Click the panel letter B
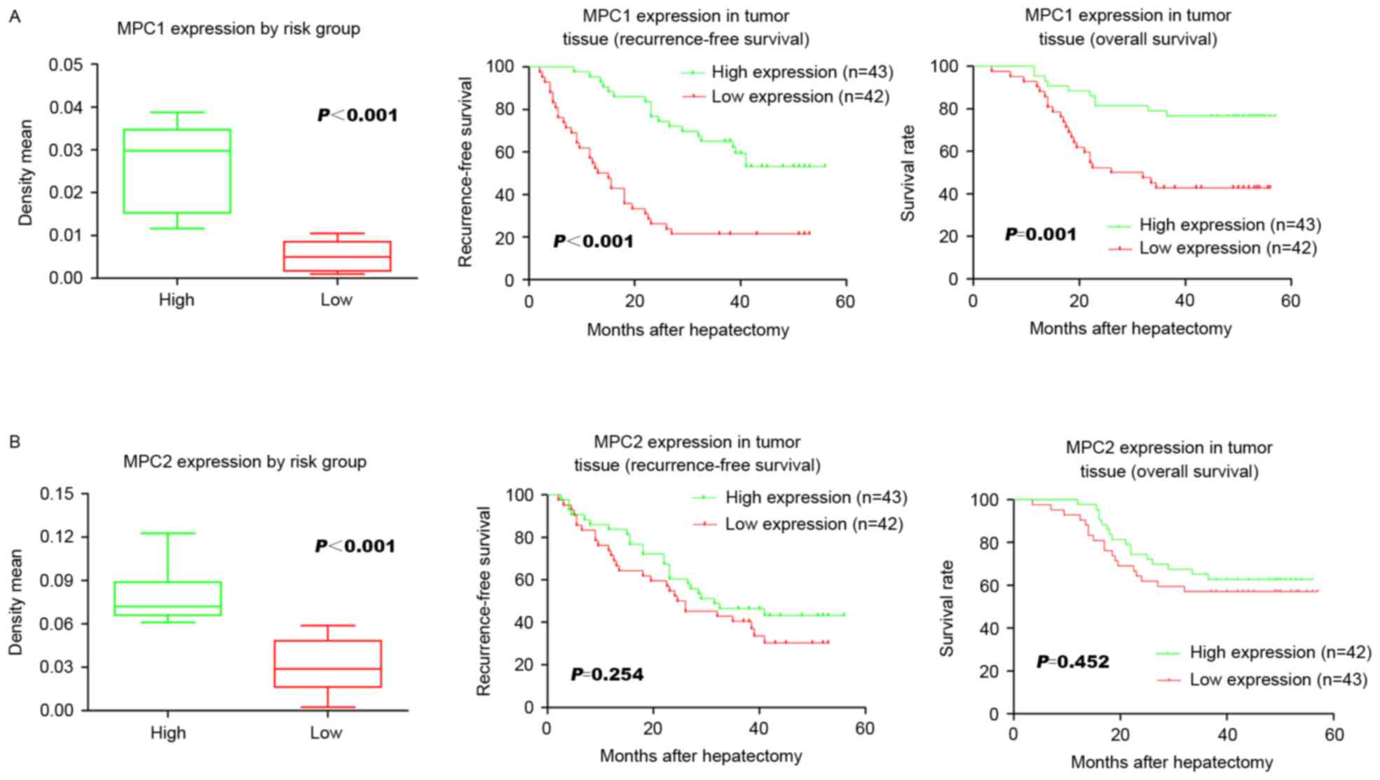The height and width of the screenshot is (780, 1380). pos(14,442)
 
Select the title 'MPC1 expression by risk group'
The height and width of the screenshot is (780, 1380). pos(238,29)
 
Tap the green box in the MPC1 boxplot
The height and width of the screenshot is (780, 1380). pos(177,171)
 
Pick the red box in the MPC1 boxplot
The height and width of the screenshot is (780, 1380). pos(337,256)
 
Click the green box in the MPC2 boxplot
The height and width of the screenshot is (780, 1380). pos(168,598)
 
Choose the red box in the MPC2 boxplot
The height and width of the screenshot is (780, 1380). pos(327,663)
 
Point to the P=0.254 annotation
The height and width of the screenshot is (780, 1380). pos(607,674)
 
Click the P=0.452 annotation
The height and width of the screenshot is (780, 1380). pos(1072,662)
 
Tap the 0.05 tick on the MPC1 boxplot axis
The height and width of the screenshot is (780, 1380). pos(65,65)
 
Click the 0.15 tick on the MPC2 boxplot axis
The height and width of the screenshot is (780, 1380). pos(56,494)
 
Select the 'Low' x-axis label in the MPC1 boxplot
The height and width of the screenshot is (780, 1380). pos(336,300)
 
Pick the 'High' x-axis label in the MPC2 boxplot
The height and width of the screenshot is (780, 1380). pos(168,733)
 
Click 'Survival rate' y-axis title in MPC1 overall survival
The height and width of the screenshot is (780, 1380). pos(908,173)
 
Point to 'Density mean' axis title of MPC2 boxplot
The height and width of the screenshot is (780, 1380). pos(15,602)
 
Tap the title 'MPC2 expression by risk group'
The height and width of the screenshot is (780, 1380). pos(245,462)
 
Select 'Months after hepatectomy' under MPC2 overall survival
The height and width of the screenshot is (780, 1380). pos(1172,762)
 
